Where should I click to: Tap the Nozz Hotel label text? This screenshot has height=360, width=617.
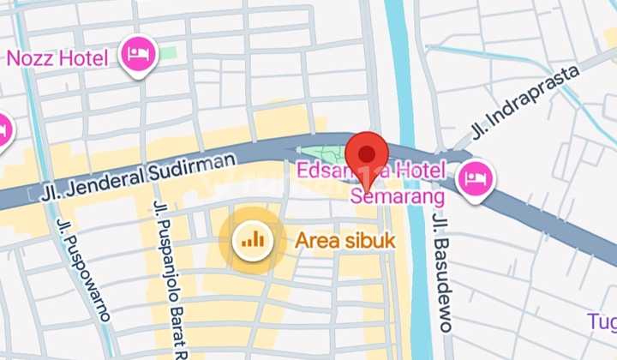pos(57,58)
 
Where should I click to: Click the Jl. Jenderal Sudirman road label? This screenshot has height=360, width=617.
pos(137,176)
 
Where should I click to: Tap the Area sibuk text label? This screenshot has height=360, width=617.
pos(344,241)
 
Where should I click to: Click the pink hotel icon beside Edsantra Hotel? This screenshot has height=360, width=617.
pos(474,178)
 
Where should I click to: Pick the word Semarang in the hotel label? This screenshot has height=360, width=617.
pos(398,197)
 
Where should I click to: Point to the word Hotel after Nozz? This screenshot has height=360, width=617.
pos(84,58)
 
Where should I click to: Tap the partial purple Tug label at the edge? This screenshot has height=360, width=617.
pos(602,321)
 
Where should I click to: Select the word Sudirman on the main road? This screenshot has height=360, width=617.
pos(195,166)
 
